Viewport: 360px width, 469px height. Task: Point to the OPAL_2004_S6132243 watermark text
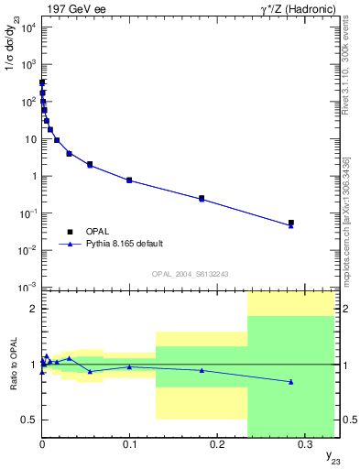189,274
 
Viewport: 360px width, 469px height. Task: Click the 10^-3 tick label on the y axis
25,288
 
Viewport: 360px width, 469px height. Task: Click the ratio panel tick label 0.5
27,420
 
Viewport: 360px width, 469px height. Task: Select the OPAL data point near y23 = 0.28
291,223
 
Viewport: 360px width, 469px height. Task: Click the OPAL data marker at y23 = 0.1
129,180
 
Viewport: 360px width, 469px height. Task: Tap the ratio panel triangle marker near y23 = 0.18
202,370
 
